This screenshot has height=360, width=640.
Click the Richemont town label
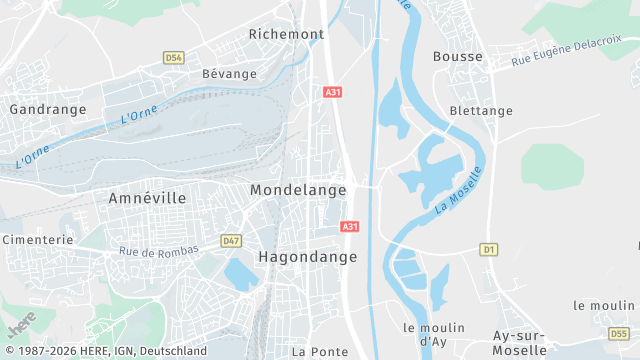pos(286,34)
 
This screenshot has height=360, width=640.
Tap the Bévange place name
pos(229,74)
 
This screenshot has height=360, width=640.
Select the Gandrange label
pos(40,108)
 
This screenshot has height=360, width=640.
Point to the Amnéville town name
pos(147,199)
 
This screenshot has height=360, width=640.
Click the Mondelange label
pos(298,189)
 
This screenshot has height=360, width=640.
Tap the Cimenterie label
pos(37,240)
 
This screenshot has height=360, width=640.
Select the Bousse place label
pos(458,57)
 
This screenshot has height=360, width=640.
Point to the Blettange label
pos(481,111)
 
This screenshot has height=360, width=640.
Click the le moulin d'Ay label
pos(433,335)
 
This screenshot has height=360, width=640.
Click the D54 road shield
pos(173,58)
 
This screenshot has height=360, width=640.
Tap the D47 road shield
pos(231,241)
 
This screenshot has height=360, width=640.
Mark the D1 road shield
pos(488,249)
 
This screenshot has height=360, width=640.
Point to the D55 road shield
pos(619,333)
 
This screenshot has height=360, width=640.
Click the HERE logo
pos(21,325)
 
